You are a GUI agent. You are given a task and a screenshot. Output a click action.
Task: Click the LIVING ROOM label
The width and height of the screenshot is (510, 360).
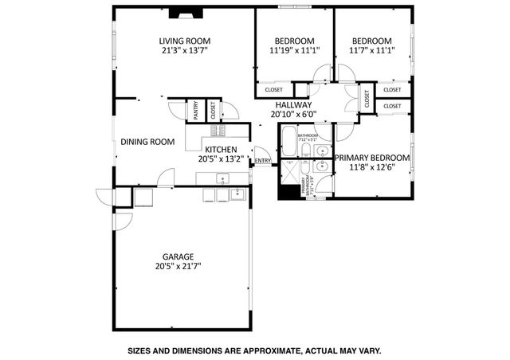(184, 41)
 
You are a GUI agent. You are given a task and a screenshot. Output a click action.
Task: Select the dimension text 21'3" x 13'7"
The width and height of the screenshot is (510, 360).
(184, 53)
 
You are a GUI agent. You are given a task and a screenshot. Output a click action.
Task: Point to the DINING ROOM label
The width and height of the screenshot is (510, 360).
(147, 143)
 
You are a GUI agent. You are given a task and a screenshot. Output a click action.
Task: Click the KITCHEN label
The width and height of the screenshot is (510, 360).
(220, 149)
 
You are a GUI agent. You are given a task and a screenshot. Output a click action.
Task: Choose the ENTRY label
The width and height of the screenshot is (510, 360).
(262, 162)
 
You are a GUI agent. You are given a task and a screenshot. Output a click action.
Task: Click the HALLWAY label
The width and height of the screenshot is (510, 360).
(294, 104)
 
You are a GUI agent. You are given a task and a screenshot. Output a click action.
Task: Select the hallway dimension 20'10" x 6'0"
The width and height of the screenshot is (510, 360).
(294, 114)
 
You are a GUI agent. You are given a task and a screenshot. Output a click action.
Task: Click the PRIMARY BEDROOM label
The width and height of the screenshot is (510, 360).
(372, 158)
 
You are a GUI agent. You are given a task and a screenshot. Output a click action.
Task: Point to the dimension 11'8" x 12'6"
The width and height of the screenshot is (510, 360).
(372, 168)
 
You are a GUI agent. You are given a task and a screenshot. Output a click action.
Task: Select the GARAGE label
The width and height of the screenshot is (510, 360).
(179, 257)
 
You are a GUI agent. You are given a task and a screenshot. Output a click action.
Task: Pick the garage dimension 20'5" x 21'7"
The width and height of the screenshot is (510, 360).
(179, 268)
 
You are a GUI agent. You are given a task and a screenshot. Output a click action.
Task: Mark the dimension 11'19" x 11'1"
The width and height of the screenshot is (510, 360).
(294, 53)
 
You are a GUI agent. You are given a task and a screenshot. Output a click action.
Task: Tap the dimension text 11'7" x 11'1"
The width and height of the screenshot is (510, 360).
(372, 53)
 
